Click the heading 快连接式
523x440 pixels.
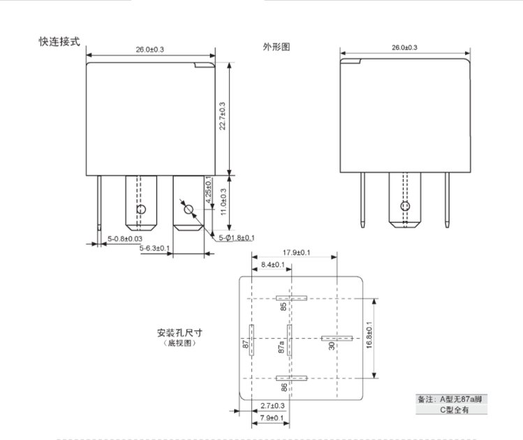click(x=59, y=41)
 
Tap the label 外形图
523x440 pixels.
click(x=276, y=47)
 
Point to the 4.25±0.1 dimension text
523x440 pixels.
click(x=208, y=189)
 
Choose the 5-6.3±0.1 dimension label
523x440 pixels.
click(x=154, y=249)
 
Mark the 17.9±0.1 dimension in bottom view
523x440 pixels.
click(x=297, y=252)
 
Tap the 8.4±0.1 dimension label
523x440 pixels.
click(x=272, y=265)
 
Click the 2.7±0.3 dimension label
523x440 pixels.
click(x=272, y=406)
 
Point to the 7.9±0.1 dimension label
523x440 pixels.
click(x=272, y=418)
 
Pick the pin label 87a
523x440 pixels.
click(x=282, y=346)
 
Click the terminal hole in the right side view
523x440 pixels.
click(x=404, y=207)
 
